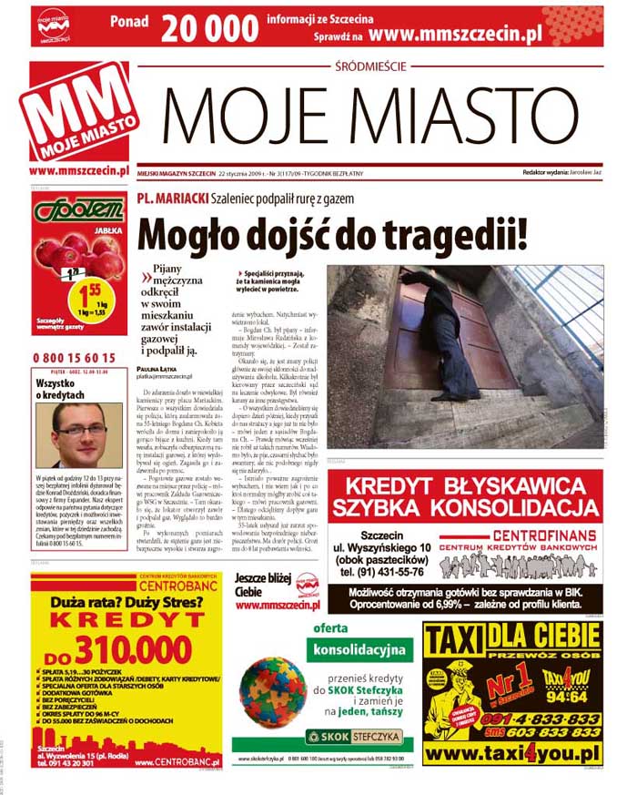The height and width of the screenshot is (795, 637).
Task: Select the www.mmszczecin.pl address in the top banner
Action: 456,34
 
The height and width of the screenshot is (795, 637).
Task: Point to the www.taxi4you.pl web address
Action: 512,753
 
